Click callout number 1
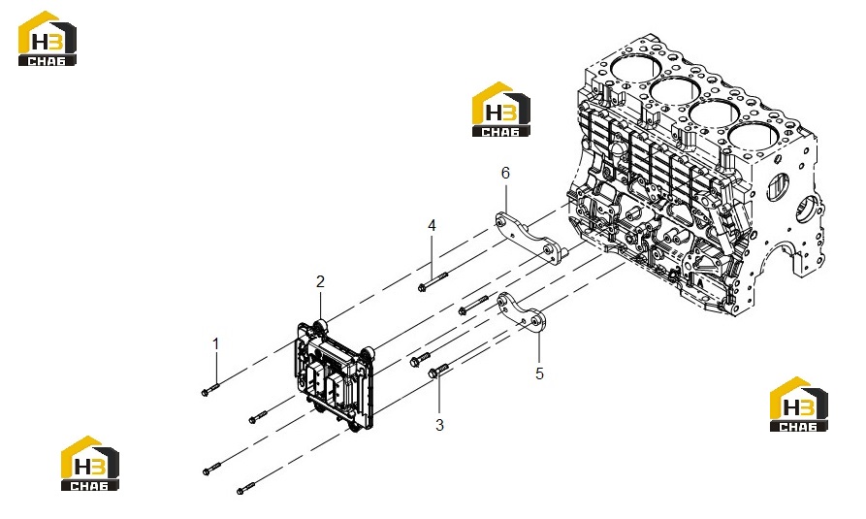(x=216, y=344)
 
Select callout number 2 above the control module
(x=320, y=282)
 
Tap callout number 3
(x=439, y=425)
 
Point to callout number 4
(x=432, y=225)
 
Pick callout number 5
(x=539, y=373)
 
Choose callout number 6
(x=505, y=173)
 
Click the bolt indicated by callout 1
(x=210, y=389)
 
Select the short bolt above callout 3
(x=439, y=371)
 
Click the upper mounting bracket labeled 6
(x=528, y=240)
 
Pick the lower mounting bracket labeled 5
(x=523, y=313)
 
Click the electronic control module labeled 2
(x=336, y=373)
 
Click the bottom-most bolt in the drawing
(x=246, y=488)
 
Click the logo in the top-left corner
(x=47, y=39)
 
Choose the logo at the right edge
(x=799, y=404)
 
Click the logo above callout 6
(x=501, y=110)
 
